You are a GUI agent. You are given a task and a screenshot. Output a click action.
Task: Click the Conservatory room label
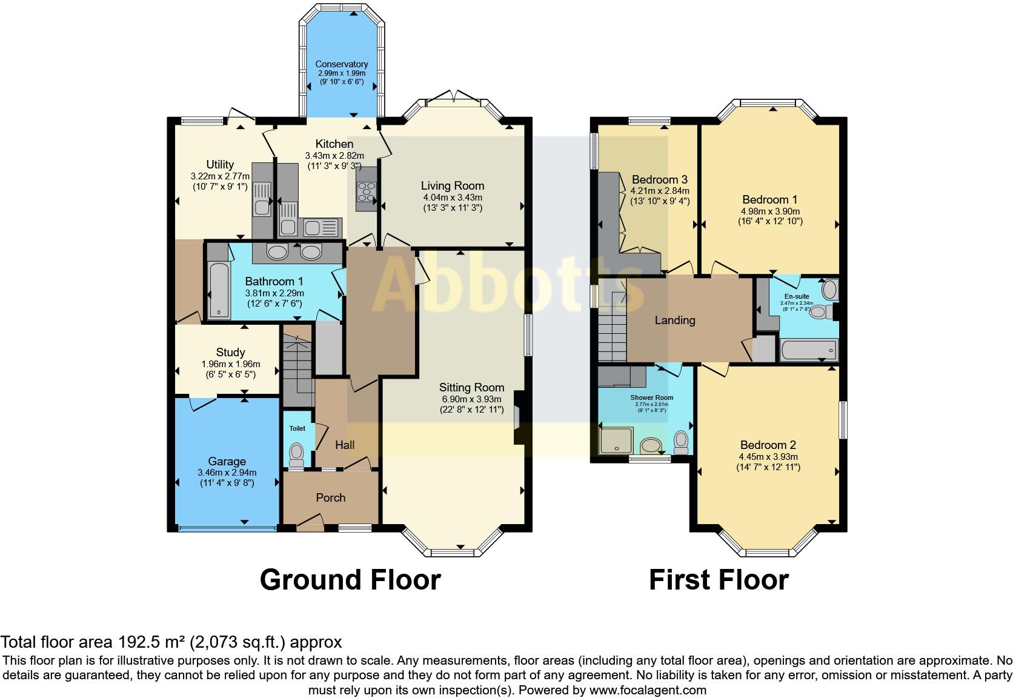pos(341,64)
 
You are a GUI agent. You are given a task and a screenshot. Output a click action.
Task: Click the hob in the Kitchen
pos(367,192)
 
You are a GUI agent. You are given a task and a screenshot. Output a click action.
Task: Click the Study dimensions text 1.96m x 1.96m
pos(230,364)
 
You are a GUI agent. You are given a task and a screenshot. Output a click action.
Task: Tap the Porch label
pos(331,497)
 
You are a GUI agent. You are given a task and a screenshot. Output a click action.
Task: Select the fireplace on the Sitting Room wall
pos(518,418)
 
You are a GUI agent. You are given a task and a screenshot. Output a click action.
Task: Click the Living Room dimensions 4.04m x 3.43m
pos(453,198)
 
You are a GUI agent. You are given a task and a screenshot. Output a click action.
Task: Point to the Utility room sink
pos(262,207)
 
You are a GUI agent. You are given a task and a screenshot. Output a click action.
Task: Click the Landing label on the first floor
pos(675,321)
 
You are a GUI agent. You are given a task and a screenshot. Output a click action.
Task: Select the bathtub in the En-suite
pos(808,350)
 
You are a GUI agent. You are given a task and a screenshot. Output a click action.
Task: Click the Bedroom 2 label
pos(768,445)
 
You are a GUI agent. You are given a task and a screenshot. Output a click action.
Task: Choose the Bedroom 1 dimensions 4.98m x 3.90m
pos(769,211)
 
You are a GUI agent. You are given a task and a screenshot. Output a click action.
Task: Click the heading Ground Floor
pos(350,579)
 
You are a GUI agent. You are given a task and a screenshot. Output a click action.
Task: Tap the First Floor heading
pos(719,579)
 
